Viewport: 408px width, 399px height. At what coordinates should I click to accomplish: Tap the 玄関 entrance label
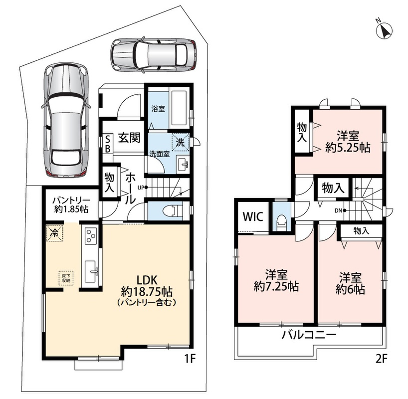tap(129, 138)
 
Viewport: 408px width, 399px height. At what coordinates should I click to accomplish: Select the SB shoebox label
tap(107, 144)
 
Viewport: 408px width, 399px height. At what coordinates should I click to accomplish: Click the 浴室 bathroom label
tap(158, 109)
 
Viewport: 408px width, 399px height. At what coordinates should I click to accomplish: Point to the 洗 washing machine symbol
tap(181, 142)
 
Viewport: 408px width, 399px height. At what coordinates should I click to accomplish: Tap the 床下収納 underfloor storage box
tap(66, 278)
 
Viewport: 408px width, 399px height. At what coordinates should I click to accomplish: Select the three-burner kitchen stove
tap(91, 236)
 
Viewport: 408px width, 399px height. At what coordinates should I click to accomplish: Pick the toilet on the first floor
tap(175, 210)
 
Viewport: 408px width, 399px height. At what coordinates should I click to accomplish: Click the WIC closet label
tap(253, 216)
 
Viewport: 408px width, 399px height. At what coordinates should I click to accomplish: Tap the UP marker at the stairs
tap(143, 187)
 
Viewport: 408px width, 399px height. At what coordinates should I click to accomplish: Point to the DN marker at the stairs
tap(340, 210)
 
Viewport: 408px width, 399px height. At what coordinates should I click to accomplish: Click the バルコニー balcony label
tap(309, 335)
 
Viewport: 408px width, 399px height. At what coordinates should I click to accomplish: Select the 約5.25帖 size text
tap(348, 148)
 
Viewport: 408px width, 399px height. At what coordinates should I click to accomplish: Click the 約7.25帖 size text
tap(276, 287)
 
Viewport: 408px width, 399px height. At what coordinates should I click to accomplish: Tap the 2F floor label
tap(382, 359)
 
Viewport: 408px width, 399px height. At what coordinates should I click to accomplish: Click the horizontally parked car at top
tap(153, 55)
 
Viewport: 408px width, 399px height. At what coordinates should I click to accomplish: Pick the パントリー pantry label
tap(71, 200)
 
